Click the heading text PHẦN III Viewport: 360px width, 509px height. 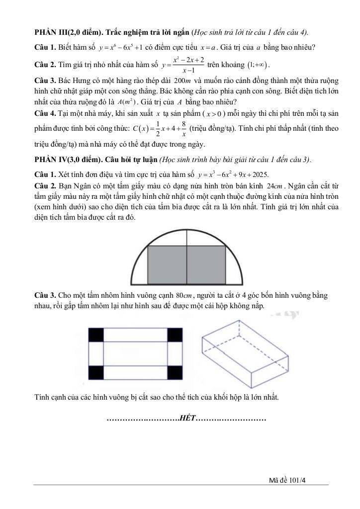coord(52,33)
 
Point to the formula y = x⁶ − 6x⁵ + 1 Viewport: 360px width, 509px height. coord(121,48)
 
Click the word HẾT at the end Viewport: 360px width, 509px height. coord(187,418)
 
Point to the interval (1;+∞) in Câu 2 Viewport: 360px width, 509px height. coord(258,65)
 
